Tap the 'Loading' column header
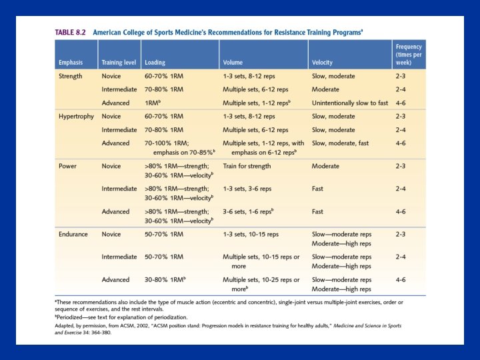pos(156,63)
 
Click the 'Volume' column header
pos(233,63)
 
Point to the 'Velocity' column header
pos(323,63)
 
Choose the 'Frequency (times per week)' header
pos(408,55)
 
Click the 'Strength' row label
pos(71,76)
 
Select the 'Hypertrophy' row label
pos(75,116)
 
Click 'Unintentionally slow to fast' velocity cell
pos(349,103)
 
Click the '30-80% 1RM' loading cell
pos(165,280)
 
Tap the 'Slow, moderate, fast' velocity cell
pos(341,143)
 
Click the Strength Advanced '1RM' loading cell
pos(151,103)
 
